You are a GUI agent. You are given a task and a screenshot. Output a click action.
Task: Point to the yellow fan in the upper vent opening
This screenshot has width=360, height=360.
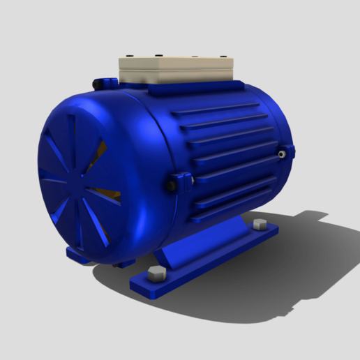pyautogui.click(x=100, y=150)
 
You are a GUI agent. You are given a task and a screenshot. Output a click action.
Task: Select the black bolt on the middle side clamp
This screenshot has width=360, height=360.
pyautogui.click(x=171, y=186)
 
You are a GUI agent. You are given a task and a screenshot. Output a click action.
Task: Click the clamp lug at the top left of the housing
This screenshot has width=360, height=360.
pyautogui.click(x=103, y=83)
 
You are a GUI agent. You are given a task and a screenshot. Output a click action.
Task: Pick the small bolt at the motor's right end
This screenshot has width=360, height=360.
pyautogui.click(x=283, y=151)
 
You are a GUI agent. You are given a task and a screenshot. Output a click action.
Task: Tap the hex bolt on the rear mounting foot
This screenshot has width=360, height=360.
pyautogui.click(x=260, y=224)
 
